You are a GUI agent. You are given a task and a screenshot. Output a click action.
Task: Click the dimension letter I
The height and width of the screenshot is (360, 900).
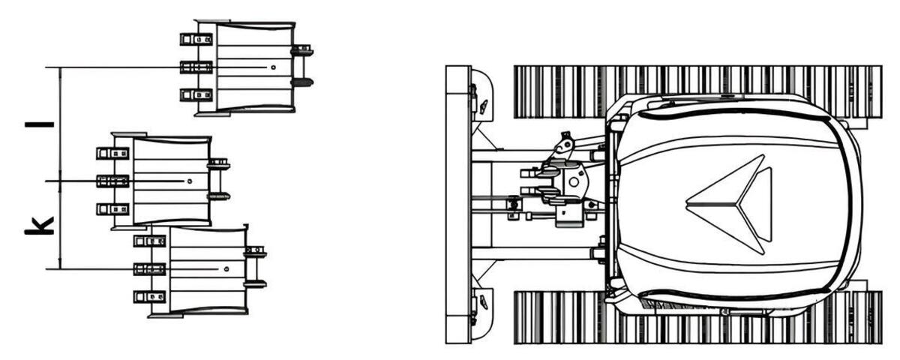[39, 124]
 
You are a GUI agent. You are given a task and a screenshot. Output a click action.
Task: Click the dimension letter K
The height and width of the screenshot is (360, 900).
[39, 226]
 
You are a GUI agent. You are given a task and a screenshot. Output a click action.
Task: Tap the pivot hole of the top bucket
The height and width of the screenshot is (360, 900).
[273, 67]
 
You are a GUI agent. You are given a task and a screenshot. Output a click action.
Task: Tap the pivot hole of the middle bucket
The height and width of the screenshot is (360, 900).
[190, 181]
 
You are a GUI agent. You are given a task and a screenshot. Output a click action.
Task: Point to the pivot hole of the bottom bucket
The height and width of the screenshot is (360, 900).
[226, 268]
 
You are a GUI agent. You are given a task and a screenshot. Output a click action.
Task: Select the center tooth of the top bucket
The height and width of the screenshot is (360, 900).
[196, 67]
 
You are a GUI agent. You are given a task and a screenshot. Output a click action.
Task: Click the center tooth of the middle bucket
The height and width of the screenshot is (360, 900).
[112, 181]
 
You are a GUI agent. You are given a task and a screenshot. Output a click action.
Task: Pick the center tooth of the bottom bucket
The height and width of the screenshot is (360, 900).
[149, 268]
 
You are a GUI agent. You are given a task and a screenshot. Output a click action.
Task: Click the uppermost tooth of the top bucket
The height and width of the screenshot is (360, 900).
[196, 39]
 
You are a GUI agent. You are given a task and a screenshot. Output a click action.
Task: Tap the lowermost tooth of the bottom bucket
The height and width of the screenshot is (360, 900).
[149, 297]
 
